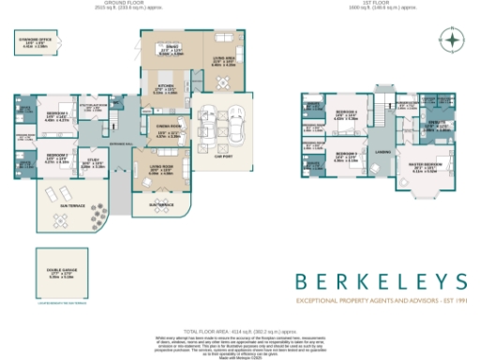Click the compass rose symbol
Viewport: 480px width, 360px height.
coord(451,41)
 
